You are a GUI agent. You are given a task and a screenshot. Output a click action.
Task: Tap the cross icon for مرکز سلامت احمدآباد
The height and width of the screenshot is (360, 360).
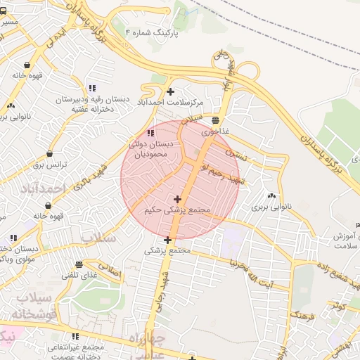pyautogui.click(x=170, y=91)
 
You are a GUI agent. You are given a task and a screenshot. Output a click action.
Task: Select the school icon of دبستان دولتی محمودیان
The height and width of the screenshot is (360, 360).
pyautogui.click(x=150, y=133)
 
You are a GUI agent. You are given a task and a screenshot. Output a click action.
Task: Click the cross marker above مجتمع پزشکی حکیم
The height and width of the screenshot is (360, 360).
pyautogui.click(x=177, y=199)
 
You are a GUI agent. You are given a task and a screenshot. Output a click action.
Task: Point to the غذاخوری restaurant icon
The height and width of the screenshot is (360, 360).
pyautogui.click(x=214, y=120)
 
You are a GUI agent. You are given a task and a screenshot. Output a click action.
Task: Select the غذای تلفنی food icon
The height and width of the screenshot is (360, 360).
pyautogui.click(x=79, y=265)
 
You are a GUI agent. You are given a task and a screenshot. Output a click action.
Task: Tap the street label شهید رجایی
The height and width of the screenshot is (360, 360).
pyautogui.click(x=166, y=288)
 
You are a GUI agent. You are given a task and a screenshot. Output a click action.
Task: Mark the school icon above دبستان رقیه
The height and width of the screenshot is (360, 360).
pyautogui.click(x=92, y=88)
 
